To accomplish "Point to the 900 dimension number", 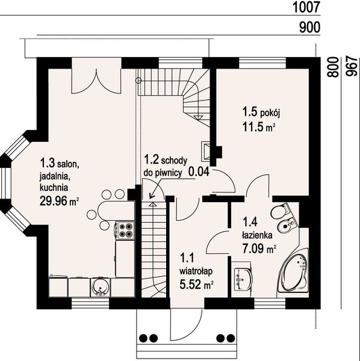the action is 309,28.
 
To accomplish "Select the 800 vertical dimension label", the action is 333,67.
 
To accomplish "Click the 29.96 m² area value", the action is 60,201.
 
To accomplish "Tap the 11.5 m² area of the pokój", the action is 259,127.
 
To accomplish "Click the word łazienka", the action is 257,235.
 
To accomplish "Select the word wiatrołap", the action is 196,271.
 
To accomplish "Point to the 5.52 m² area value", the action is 196,285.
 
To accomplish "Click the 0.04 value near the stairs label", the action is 199,171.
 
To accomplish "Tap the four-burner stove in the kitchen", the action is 125,230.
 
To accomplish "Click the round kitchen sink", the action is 101,287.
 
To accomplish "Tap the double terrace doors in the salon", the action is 96,81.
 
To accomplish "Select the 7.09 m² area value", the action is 259,248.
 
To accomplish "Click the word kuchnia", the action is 54,187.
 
